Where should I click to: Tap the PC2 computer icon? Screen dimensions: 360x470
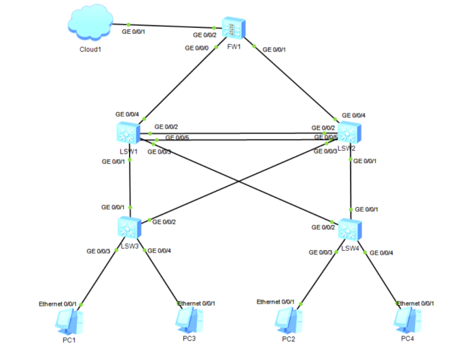coord(287,319)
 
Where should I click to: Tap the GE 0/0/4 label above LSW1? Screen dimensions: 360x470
coord(127,113)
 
